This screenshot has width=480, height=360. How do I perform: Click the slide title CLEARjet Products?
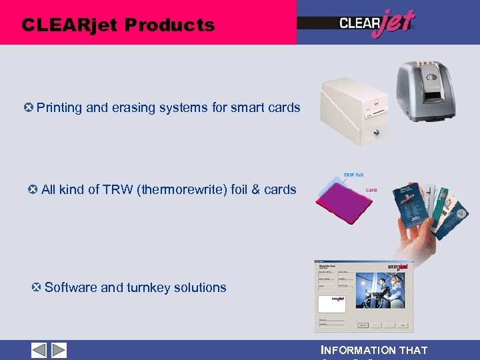point(118,25)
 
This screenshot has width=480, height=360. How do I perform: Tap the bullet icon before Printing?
point(27,107)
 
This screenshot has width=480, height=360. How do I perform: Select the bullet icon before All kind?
point(33,189)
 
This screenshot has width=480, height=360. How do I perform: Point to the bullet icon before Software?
point(37,287)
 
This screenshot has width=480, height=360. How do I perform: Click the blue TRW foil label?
point(353,175)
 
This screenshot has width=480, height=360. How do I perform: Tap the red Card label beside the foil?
point(371,190)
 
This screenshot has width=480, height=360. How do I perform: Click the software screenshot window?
point(363,296)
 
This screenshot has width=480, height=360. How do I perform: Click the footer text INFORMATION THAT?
point(374,350)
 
